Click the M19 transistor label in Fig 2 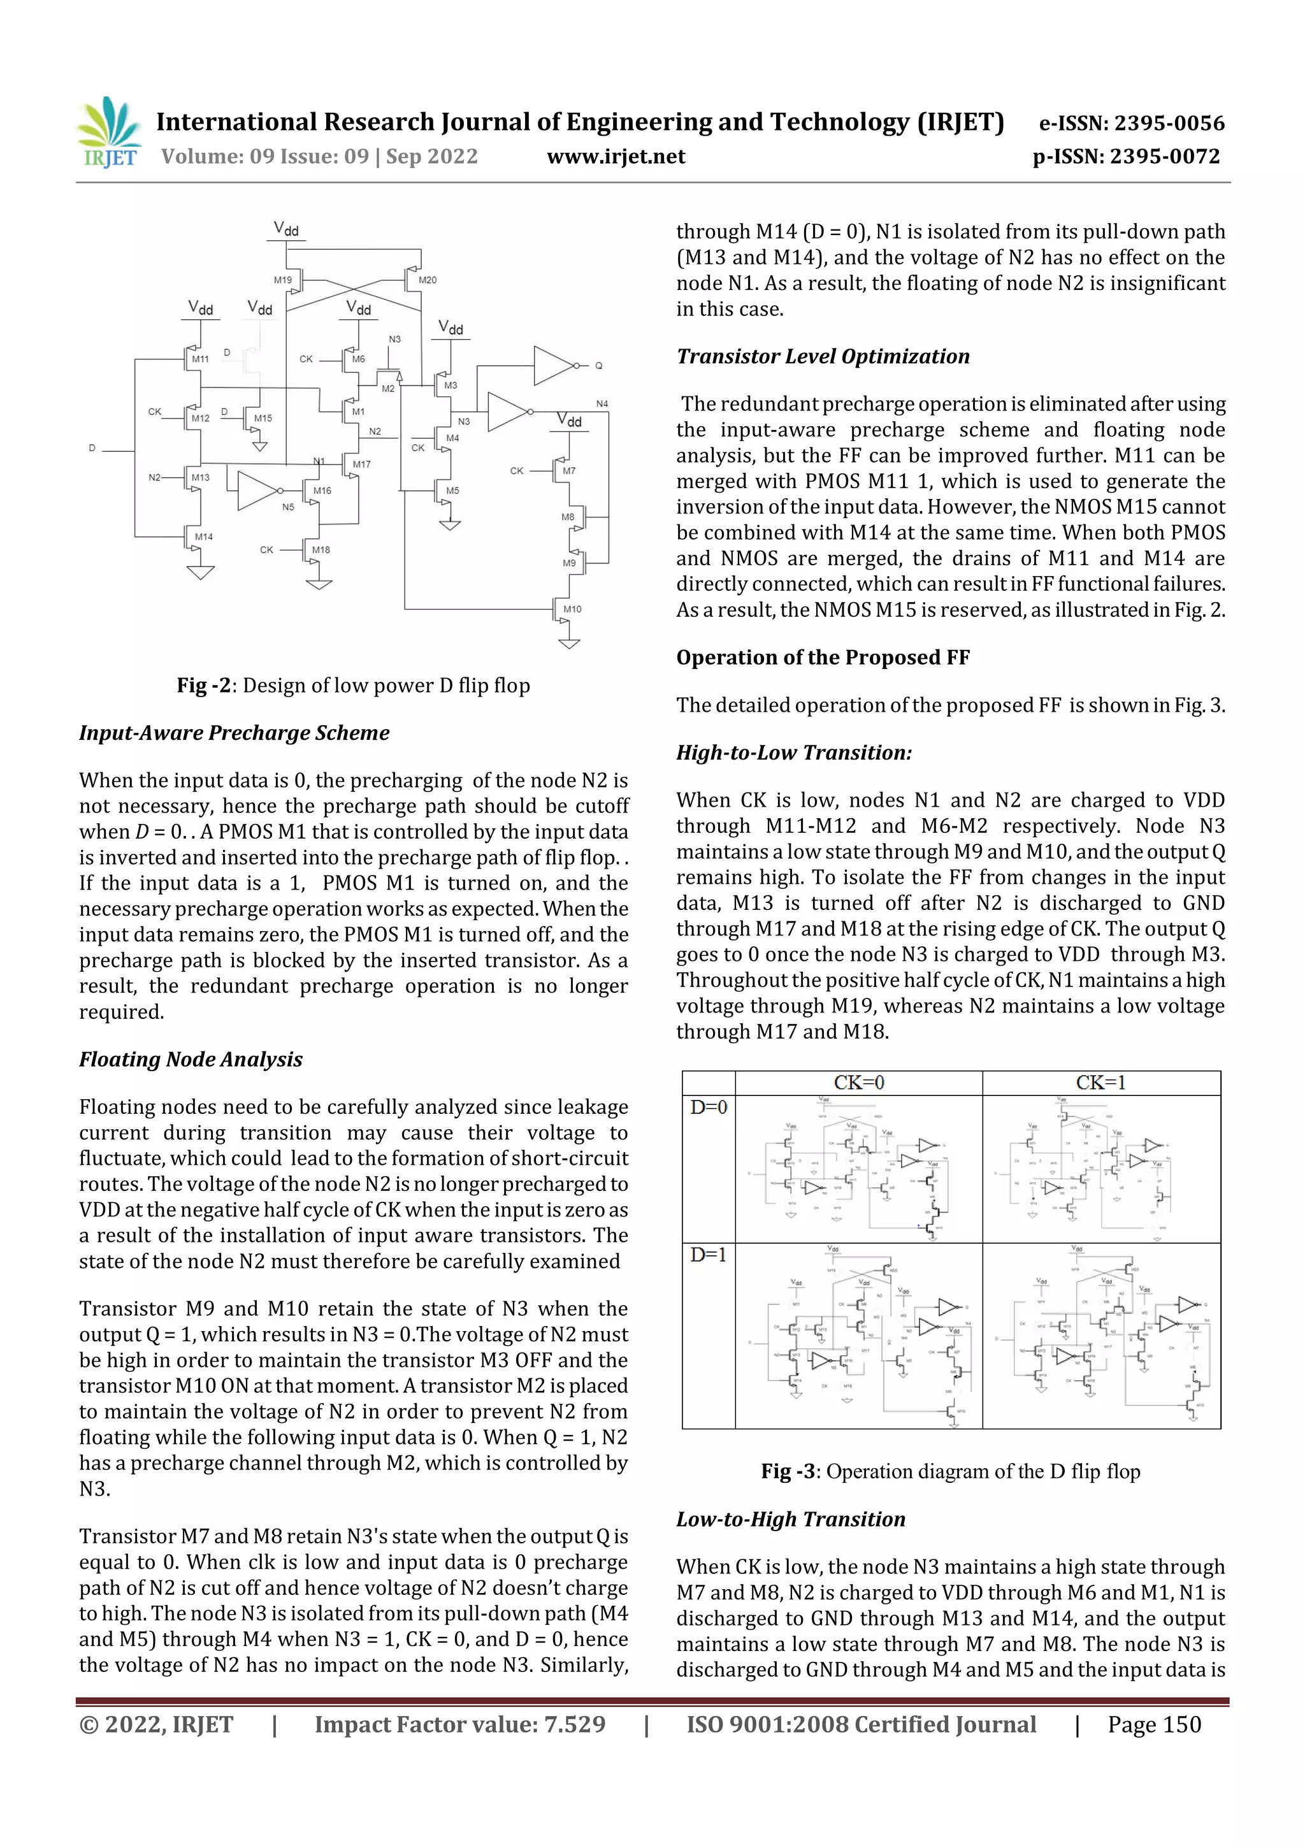(x=282, y=280)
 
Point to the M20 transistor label (x=428, y=280)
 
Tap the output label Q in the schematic (x=598, y=366)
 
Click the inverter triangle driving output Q (x=552, y=366)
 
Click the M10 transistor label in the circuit (x=572, y=609)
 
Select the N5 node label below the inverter (x=288, y=507)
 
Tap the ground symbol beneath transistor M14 (x=200, y=572)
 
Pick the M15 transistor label (x=263, y=418)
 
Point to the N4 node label (x=602, y=403)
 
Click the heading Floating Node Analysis (x=191, y=1059)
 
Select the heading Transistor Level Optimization (x=823, y=356)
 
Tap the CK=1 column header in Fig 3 (x=1100, y=1082)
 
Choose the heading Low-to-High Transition (x=790, y=1518)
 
